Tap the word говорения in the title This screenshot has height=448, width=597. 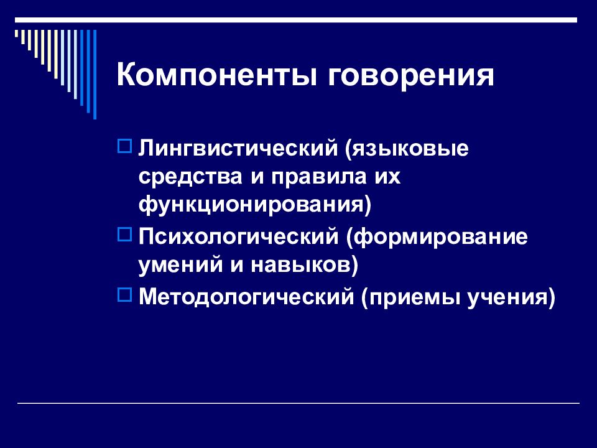point(411,76)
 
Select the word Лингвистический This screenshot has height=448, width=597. point(238,148)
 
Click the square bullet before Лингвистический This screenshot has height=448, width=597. point(125,146)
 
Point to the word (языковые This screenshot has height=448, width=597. point(407,149)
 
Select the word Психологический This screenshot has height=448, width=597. point(238,236)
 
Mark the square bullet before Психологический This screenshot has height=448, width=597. point(125,235)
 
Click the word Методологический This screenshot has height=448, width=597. point(246,296)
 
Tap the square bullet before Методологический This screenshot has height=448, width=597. point(125,294)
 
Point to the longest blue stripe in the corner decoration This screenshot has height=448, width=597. point(95,74)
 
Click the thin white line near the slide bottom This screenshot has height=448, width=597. point(298,403)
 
